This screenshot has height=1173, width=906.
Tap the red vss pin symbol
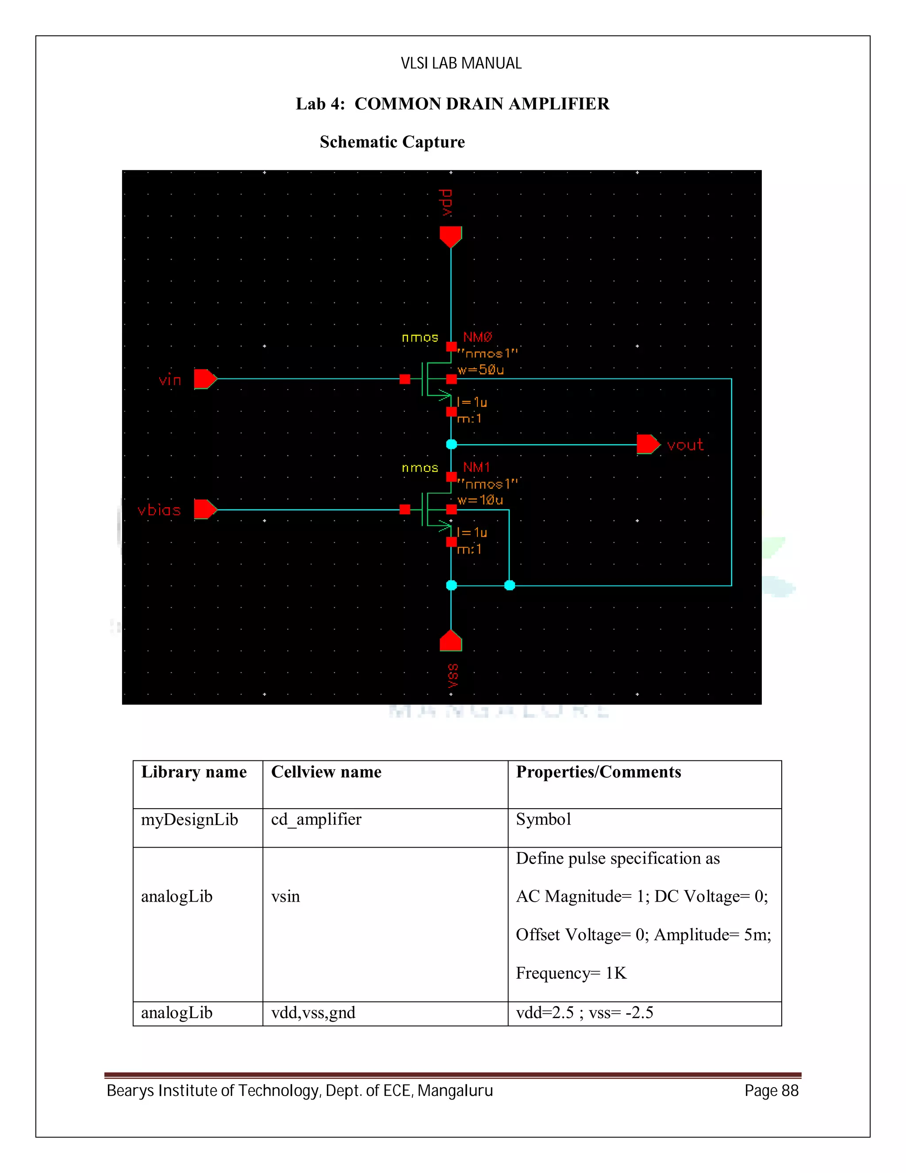click(x=450, y=641)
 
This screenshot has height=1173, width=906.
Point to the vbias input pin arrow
click(x=204, y=509)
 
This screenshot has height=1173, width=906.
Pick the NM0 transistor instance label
click(x=477, y=337)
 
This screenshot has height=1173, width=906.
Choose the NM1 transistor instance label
click(x=476, y=467)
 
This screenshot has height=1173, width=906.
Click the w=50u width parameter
click(x=480, y=370)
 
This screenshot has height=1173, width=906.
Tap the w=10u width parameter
click(x=480, y=500)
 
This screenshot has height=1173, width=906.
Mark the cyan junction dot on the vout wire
click(x=451, y=444)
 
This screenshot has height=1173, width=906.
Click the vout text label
click(x=685, y=445)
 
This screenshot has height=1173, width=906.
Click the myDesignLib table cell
click(x=189, y=820)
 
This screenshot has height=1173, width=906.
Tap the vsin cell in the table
click(x=285, y=896)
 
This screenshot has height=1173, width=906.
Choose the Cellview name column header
click(x=326, y=772)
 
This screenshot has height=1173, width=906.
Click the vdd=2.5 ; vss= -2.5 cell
click(x=584, y=1012)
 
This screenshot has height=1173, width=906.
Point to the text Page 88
click(x=771, y=1091)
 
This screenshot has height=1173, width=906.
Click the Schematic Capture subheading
click(x=392, y=142)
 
